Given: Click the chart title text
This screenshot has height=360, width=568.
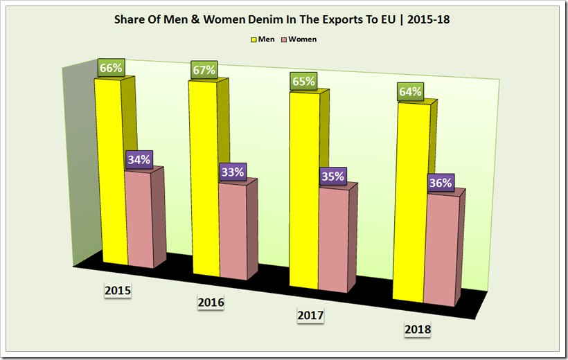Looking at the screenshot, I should coord(282,19).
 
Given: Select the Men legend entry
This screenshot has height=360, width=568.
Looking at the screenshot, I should coord(263,39).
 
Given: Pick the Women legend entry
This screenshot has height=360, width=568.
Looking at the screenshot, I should coord(299,39).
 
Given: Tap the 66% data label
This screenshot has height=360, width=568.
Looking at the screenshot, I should coord(110,68).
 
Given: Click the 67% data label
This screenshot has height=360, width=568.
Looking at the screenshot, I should coord(205,70).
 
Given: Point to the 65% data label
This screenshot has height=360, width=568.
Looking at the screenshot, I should coord(303,81).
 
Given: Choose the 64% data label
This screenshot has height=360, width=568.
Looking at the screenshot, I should coord(410,91).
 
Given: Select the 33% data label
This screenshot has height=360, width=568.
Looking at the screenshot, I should coord(232,172).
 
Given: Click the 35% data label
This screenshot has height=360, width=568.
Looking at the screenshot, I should coord(332,176).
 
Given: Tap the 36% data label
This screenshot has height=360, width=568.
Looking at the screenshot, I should coord(441,183).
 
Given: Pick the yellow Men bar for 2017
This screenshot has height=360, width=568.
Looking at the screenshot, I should coord(304,190).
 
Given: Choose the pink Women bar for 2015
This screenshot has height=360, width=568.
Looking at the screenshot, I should coord(139,218).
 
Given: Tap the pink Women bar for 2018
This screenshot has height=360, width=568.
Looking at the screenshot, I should coord(441,249).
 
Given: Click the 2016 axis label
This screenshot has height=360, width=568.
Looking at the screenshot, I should coord(211,303).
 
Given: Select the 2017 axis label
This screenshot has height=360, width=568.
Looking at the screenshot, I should coord(310,316).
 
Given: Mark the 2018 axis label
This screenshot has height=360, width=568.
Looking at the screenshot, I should coord(417,330).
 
